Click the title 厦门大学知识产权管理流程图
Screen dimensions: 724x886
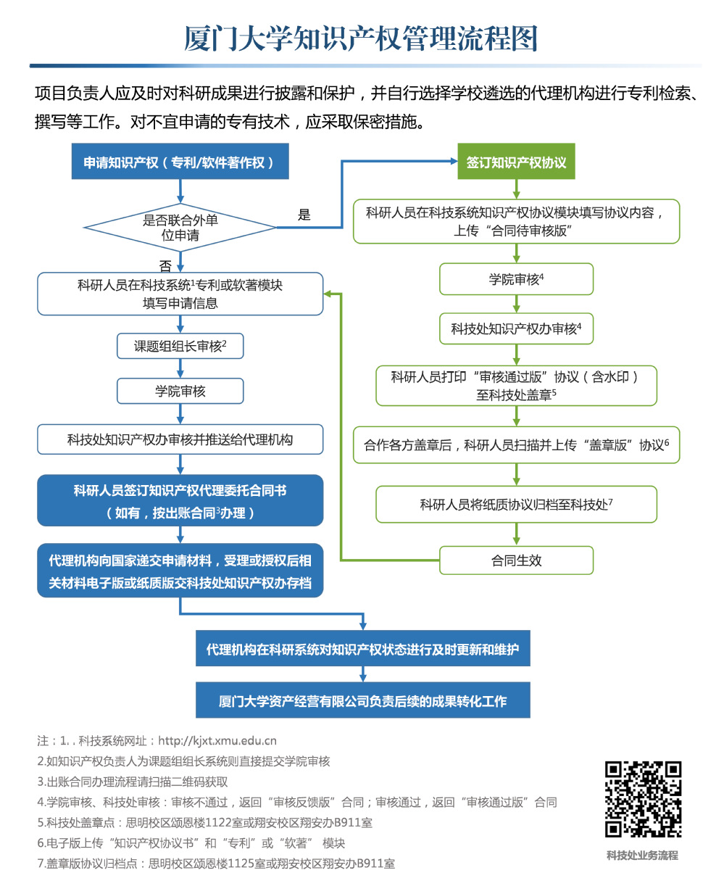point(361,38)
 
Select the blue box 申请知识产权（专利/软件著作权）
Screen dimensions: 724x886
point(180,161)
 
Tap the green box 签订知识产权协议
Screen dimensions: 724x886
point(516,161)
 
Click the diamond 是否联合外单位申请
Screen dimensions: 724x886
point(180,227)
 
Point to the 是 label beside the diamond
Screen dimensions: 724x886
point(304,215)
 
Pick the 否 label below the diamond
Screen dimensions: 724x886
point(165,266)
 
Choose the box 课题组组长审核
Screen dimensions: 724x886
point(180,346)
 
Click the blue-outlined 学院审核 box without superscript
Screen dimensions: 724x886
point(180,391)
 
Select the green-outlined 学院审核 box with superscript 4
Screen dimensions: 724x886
point(516,279)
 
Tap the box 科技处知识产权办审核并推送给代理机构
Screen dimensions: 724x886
point(180,439)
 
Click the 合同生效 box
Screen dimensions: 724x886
point(516,560)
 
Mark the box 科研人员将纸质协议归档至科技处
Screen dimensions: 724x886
point(516,504)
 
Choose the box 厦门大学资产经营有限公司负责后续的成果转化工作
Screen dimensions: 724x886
point(363,700)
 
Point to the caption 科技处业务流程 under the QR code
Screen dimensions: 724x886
point(643,855)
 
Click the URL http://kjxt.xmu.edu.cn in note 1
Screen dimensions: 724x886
point(217,741)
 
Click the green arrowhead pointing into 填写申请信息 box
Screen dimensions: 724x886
point(328,294)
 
